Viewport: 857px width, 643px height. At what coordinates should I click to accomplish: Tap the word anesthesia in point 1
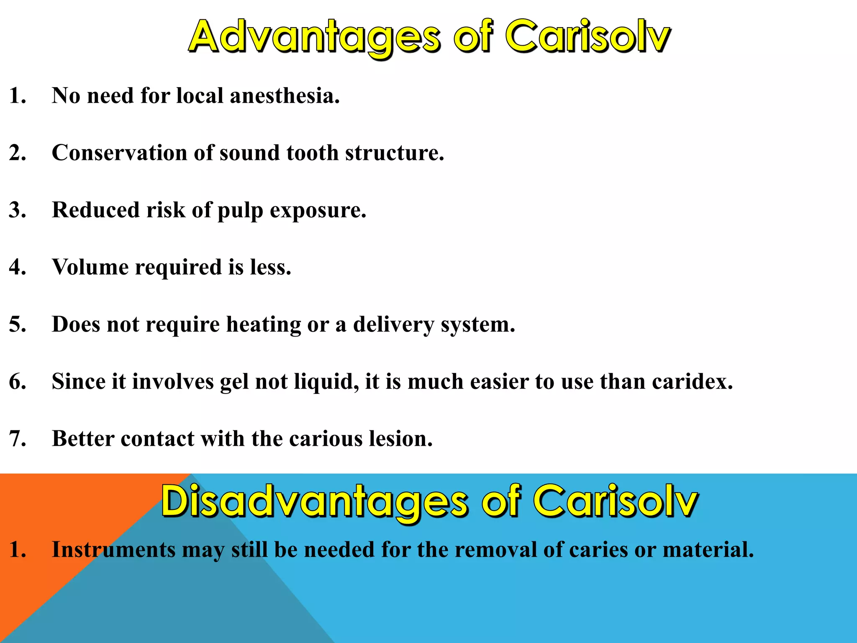[284, 96]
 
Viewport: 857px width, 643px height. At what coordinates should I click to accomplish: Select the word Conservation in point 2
[119, 153]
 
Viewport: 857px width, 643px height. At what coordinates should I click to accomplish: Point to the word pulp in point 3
[240, 211]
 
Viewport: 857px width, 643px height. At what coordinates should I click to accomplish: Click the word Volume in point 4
[90, 267]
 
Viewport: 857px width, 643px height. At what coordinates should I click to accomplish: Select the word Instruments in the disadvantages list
[113, 550]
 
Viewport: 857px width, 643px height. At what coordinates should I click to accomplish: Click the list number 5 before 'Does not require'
[17, 324]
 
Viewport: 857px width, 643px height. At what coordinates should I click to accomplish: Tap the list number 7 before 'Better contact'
[17, 439]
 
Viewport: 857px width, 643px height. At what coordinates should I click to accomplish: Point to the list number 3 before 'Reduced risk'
[17, 210]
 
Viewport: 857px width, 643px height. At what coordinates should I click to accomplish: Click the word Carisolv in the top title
[588, 38]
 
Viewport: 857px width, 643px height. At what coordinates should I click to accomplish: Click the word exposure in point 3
[318, 211]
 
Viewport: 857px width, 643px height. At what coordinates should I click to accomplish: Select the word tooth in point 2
[312, 153]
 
